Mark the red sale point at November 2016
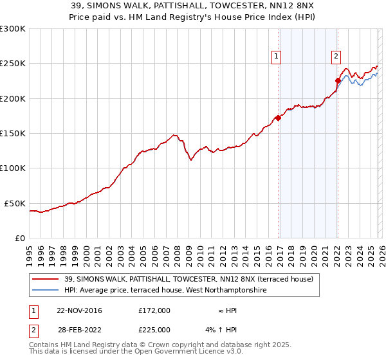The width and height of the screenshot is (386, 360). pyautogui.click(x=278, y=118)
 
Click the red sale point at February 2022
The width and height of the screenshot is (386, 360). pyautogui.click(x=338, y=80)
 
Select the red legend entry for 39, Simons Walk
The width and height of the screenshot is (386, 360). pyautogui.click(x=188, y=279)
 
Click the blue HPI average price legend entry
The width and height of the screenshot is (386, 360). pyautogui.click(x=165, y=291)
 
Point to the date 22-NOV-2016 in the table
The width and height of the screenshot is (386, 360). pyautogui.click(x=79, y=310)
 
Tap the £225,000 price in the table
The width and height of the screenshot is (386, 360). pyautogui.click(x=154, y=330)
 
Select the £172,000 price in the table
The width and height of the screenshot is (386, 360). pyautogui.click(x=154, y=310)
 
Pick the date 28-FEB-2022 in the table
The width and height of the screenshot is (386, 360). pyautogui.click(x=79, y=330)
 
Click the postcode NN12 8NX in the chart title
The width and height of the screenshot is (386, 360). pyautogui.click(x=254, y=6)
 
